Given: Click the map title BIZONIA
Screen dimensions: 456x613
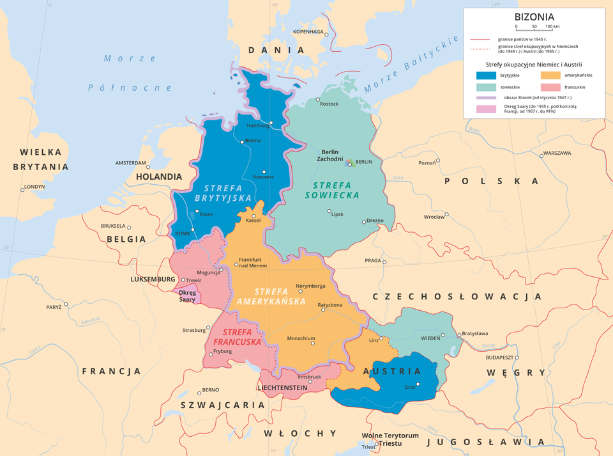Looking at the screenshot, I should coord(534,17).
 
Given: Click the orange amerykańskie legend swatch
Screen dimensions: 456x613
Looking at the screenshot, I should coord(551,75).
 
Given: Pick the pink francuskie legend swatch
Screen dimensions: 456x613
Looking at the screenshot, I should coord(551,86).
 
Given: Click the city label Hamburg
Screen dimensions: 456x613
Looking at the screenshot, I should coord(258,125).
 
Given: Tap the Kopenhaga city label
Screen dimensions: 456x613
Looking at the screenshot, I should coord(308,31).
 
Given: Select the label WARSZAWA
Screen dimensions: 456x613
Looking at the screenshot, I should coord(557,153).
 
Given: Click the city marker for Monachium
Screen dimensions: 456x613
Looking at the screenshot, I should coord(312,343).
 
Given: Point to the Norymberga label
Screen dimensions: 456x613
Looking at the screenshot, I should coord(312,285).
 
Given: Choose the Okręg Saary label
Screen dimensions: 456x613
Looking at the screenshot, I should coord(187,296).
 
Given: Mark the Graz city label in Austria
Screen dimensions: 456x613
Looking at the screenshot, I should coord(410,386).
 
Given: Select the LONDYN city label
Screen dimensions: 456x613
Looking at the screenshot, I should coord(34,187).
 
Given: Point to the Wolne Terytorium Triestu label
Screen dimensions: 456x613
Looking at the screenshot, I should coord(390,439).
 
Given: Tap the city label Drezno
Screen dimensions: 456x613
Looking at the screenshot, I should coord(375,221).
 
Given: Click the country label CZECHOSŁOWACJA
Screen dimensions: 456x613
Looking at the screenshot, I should coord(457,297).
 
